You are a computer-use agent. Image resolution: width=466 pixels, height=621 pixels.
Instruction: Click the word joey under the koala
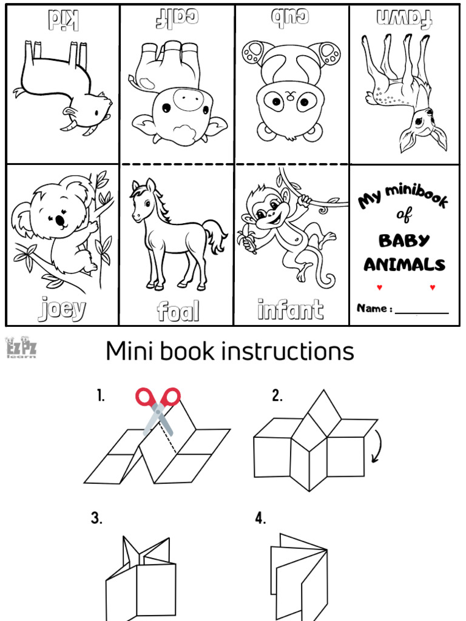tap(62, 309)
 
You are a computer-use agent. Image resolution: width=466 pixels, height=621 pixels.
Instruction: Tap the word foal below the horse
tap(178, 311)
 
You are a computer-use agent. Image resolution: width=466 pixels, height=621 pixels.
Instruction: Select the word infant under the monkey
tap(290, 309)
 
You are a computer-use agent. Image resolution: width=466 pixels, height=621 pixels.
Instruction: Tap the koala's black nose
tap(61, 221)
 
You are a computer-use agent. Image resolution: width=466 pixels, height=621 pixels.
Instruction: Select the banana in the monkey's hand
tap(246, 239)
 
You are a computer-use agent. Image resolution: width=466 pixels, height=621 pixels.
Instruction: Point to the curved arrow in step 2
tap(376, 446)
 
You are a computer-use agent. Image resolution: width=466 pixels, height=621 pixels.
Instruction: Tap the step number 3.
tap(96, 518)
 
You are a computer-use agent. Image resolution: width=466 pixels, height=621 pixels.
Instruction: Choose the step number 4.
tap(260, 519)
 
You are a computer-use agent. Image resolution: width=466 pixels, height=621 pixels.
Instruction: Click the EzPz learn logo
tap(21, 349)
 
